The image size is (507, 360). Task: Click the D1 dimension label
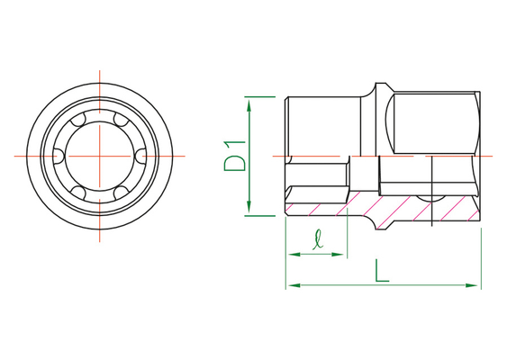coord(235,156)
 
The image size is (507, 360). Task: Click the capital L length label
coord(382,271)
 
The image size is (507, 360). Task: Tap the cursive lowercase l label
coord(318,239)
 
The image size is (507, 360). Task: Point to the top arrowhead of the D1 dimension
coord(249,105)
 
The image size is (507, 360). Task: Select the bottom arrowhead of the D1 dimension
coord(249,207)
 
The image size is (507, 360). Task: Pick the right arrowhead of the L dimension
coord(471,285)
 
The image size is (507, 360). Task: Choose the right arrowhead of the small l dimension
coord(338,255)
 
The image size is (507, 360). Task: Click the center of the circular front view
coord(100,156)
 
